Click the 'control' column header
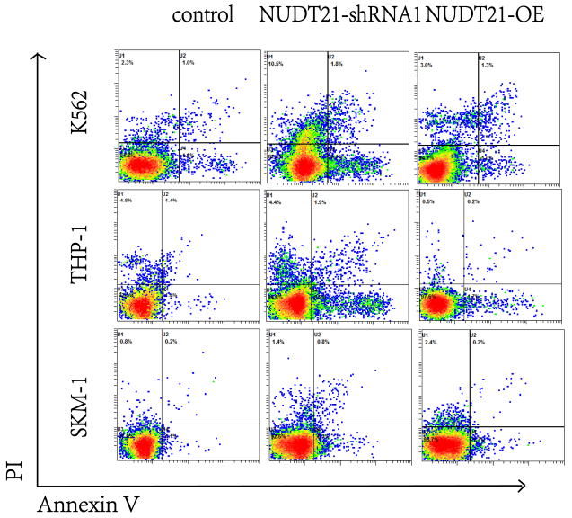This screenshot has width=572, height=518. [x=202, y=15]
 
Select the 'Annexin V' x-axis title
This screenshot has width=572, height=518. [x=87, y=505]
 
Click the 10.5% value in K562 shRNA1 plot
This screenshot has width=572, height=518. [x=276, y=64]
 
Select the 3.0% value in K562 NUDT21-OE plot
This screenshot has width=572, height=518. [x=427, y=64]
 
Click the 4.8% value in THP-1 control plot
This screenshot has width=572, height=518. [x=126, y=201]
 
